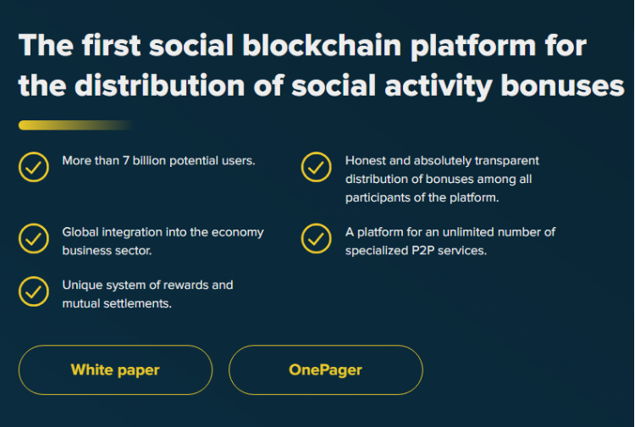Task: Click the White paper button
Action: pyautogui.click(x=115, y=370)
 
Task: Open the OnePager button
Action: pyautogui.click(x=326, y=370)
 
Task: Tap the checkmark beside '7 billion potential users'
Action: pyautogui.click(x=34, y=167)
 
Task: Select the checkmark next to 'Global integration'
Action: pyautogui.click(x=34, y=238)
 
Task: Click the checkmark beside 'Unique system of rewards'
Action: pyautogui.click(x=34, y=291)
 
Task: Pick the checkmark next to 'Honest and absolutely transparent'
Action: pyautogui.click(x=317, y=167)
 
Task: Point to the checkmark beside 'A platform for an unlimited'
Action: pyautogui.click(x=317, y=238)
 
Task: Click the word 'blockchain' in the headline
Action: pyautogui.click(x=322, y=45)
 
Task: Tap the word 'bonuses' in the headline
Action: pyautogui.click(x=562, y=86)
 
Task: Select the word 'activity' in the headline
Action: pyautogui.click(x=439, y=86)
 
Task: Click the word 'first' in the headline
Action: pyautogui.click(x=112, y=45)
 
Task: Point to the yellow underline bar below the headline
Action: pyautogui.click(x=75, y=125)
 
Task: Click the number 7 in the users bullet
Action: pyautogui.click(x=126, y=161)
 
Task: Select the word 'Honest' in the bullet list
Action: pyautogui.click(x=366, y=161)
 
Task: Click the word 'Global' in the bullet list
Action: pyautogui.click(x=80, y=232)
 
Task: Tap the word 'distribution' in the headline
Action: pyautogui.click(x=159, y=86)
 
